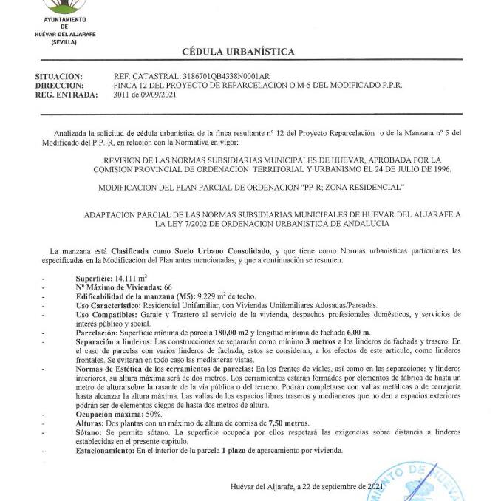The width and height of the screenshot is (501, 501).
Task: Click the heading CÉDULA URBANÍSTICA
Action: [238, 52]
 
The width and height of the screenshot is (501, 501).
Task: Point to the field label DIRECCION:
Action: [58, 86]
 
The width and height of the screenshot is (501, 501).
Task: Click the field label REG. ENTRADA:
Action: [67, 95]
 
